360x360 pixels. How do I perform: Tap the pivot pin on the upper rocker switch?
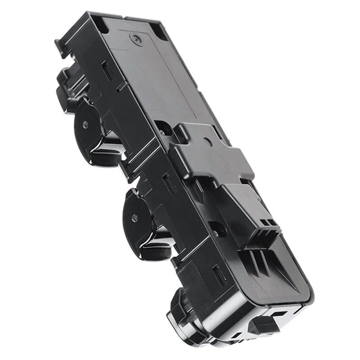click(85, 125)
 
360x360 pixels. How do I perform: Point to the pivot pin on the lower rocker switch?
click(134, 217)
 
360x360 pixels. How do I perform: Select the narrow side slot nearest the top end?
click(108, 71)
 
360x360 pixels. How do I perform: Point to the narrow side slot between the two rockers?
click(168, 182)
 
